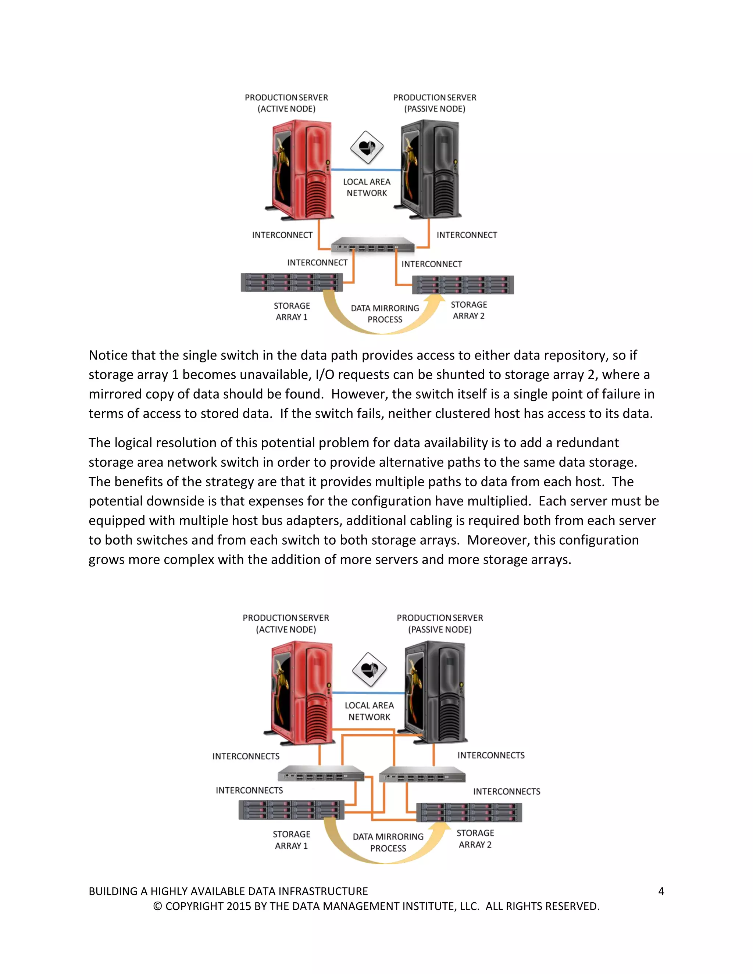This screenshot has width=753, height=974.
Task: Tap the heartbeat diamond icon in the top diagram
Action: (367, 147)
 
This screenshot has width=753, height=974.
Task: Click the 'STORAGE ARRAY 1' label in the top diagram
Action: (292, 311)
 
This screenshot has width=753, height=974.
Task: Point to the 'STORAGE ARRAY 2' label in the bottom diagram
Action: (475, 838)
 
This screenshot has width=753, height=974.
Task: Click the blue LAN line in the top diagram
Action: (366, 170)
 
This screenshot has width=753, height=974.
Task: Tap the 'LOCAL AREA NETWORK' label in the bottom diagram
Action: (370, 711)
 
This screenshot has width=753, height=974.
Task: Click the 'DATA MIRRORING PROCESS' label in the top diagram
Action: (385, 314)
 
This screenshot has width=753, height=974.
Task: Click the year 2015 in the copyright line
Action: (239, 906)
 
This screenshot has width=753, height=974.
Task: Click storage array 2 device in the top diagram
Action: (463, 285)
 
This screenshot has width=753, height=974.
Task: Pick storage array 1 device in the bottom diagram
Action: (291, 810)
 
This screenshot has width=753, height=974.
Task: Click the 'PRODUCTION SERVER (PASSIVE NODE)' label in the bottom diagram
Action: (440, 623)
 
